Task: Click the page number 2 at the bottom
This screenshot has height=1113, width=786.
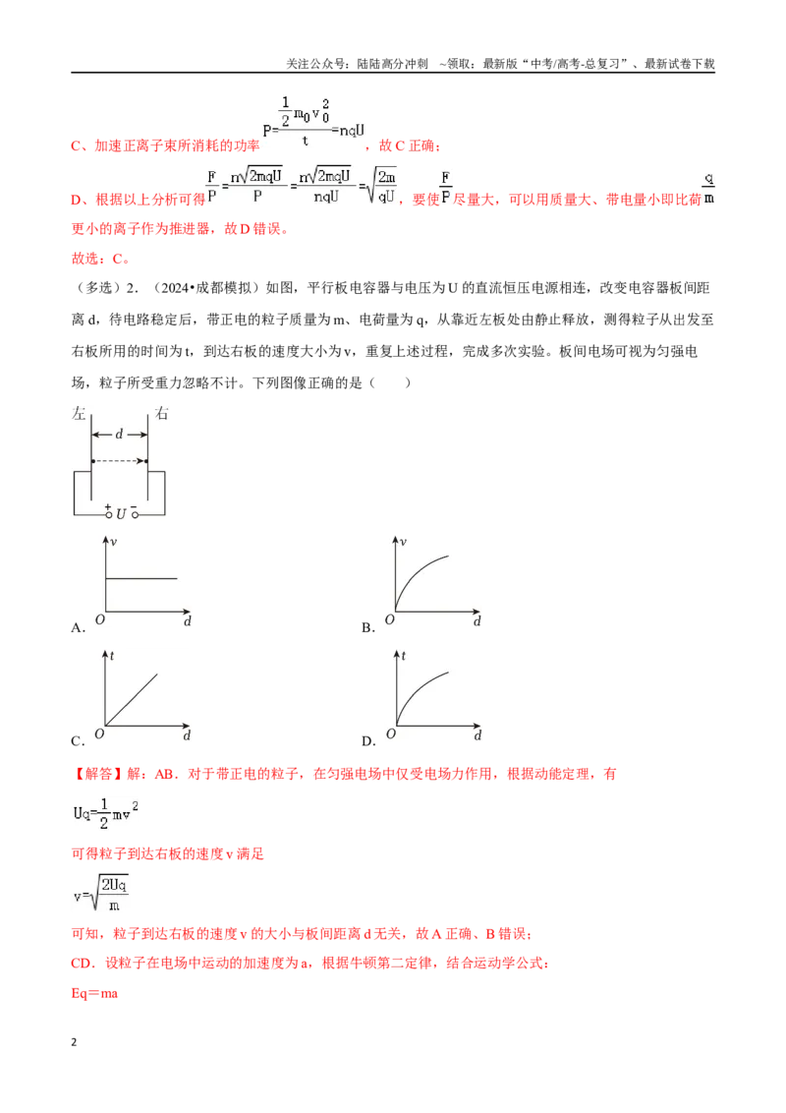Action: pyautogui.click(x=74, y=1042)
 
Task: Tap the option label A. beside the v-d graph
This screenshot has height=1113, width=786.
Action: pyautogui.click(x=78, y=627)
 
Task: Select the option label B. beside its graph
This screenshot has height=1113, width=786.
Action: pyautogui.click(x=368, y=627)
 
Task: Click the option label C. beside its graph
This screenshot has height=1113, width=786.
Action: pyautogui.click(x=78, y=741)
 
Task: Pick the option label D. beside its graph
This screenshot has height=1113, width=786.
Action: pyautogui.click(x=368, y=741)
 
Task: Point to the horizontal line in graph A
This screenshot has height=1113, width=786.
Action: pyautogui.click(x=141, y=578)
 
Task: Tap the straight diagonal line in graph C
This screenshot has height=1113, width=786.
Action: pyautogui.click(x=132, y=699)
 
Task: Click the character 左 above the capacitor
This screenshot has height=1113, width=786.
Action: pyautogui.click(x=79, y=413)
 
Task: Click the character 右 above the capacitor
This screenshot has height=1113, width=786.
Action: pyautogui.click(x=162, y=413)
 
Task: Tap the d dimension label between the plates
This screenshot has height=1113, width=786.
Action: pyautogui.click(x=119, y=433)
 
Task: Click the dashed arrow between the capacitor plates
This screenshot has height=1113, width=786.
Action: pyautogui.click(x=119, y=461)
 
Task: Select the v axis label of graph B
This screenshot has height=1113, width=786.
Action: pyautogui.click(x=403, y=542)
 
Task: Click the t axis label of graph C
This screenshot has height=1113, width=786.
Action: pyautogui.click(x=112, y=656)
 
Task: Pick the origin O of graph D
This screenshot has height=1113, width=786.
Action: pyautogui.click(x=390, y=733)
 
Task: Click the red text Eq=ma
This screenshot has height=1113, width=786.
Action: pyautogui.click(x=94, y=993)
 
